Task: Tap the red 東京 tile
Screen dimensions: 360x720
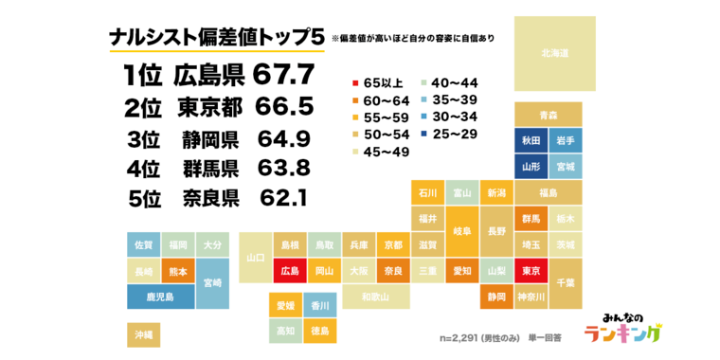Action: [x=531, y=271]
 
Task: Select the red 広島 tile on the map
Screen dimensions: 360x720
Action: [x=289, y=271]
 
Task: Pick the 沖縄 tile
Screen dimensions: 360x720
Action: [x=143, y=334]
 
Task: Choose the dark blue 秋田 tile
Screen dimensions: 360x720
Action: [x=531, y=140]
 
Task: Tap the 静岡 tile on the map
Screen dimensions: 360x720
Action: [x=496, y=297]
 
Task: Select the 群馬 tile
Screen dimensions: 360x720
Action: [x=531, y=219]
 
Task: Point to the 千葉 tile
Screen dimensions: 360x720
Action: [x=566, y=282]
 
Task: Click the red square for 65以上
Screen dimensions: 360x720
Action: [x=355, y=81]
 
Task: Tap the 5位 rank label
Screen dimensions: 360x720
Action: [x=146, y=199]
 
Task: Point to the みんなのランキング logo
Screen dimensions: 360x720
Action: [x=621, y=328]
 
